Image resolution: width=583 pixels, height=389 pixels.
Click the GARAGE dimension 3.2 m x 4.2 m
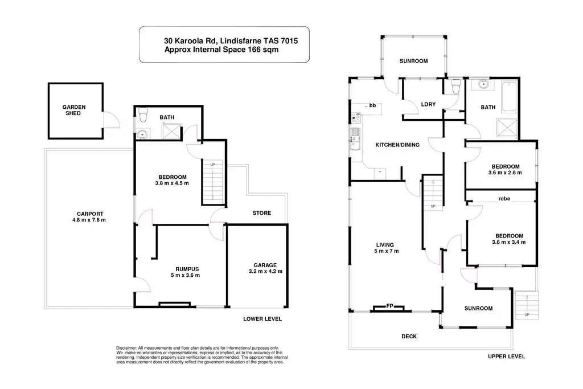(265, 271)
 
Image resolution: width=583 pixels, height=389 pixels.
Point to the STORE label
(262, 213)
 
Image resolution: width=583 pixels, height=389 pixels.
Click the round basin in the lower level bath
(143, 135)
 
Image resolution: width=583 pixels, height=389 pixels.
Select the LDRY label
(428, 104)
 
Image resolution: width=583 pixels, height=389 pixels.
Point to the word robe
(504, 199)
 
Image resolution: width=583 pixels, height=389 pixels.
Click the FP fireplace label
(391, 306)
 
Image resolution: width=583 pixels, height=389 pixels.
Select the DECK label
(409, 337)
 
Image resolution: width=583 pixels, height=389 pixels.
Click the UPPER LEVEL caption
(506, 357)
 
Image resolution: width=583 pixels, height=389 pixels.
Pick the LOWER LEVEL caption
(262, 319)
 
